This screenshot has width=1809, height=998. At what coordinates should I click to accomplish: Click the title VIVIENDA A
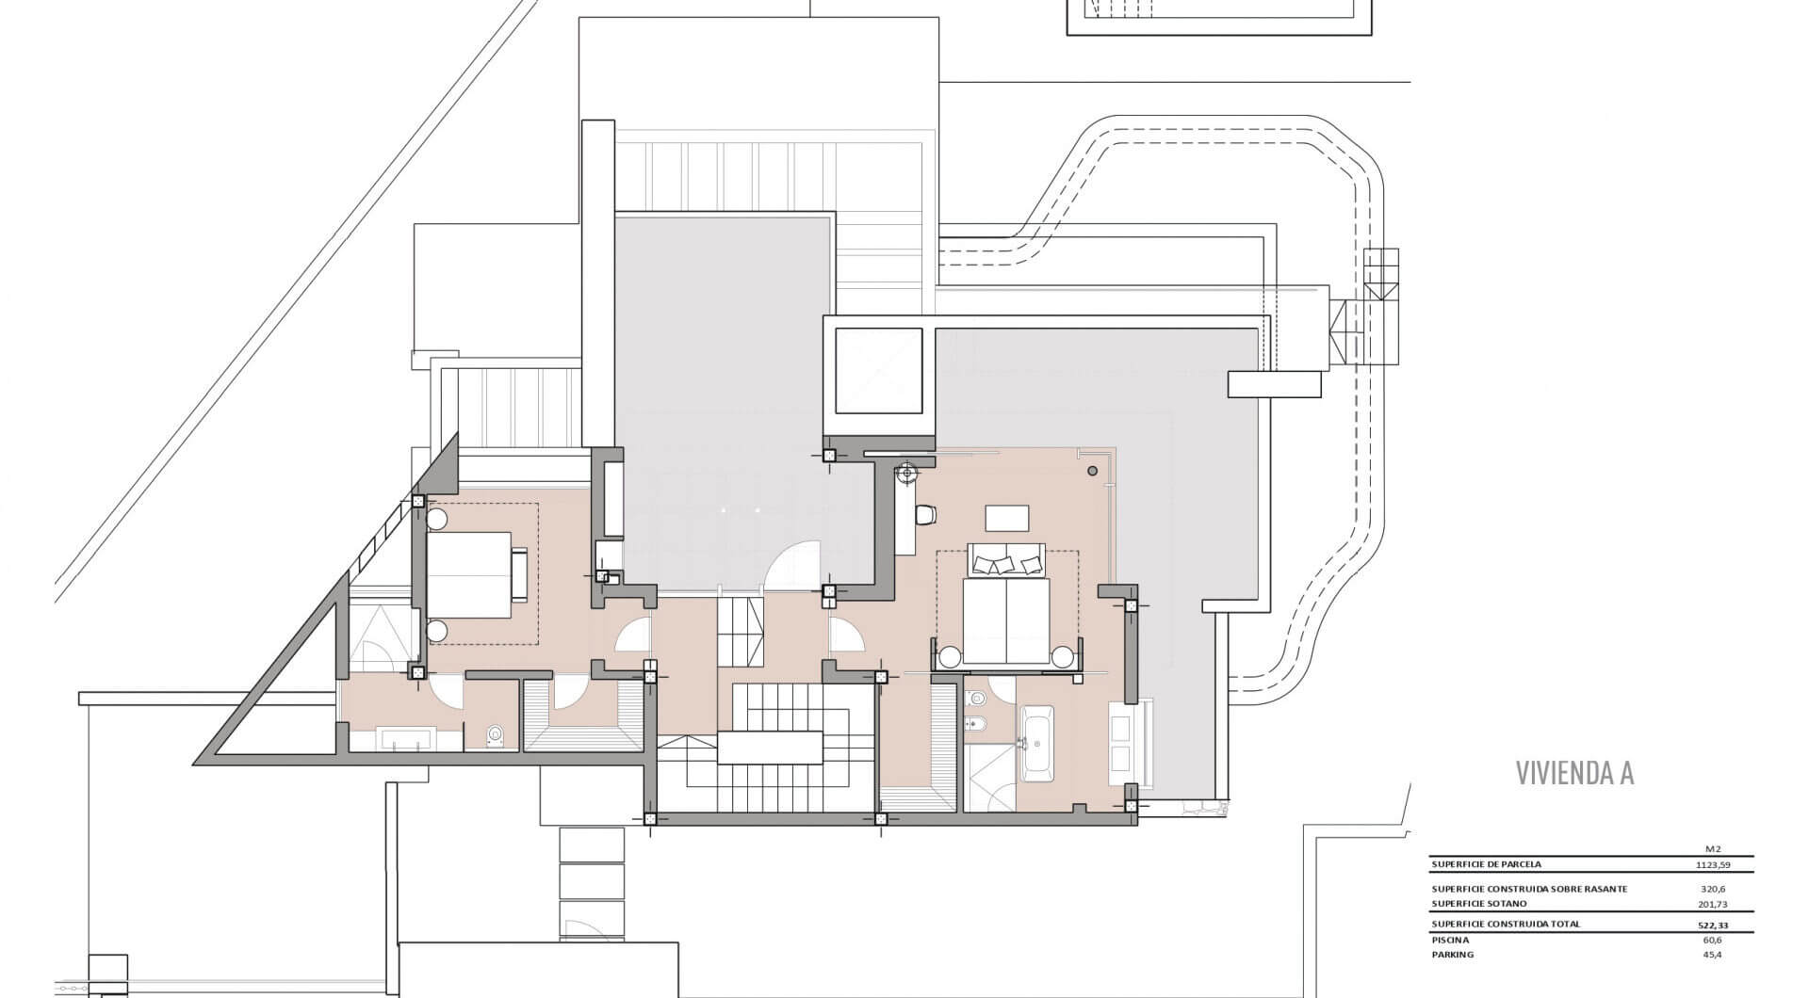tap(1574, 773)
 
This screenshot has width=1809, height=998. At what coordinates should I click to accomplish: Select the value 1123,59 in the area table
tap(1712, 864)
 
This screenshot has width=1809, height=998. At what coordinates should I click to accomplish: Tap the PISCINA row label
tap(1450, 940)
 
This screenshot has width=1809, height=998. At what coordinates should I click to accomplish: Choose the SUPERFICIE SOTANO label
tap(1479, 904)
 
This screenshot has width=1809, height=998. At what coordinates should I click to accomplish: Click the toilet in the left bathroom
tap(496, 735)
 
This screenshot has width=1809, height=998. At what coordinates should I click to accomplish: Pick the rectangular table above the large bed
tap(1007, 519)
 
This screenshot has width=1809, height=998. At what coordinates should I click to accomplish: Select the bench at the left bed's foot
tap(519, 574)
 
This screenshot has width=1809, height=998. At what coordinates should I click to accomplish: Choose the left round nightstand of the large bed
tap(949, 655)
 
